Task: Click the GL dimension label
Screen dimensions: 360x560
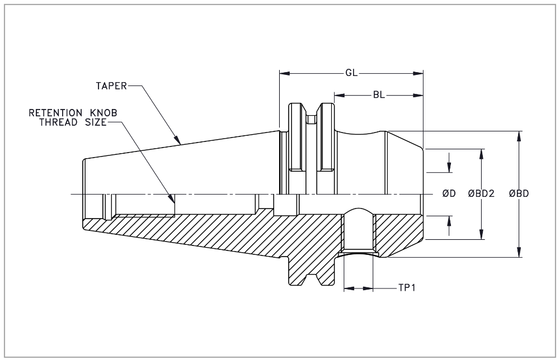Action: pyautogui.click(x=351, y=73)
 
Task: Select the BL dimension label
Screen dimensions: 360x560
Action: pyautogui.click(x=379, y=95)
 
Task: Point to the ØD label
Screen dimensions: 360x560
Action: pyautogui.click(x=449, y=194)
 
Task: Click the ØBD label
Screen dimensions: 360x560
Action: pyautogui.click(x=519, y=194)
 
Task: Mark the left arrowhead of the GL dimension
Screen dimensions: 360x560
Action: pyautogui.click(x=284, y=73)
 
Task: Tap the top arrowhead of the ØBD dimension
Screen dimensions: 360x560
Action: pyautogui.click(x=520, y=135)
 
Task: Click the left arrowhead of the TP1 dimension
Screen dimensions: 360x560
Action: pyautogui.click(x=347, y=288)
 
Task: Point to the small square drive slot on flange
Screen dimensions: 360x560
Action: pyautogui.click(x=311, y=119)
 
